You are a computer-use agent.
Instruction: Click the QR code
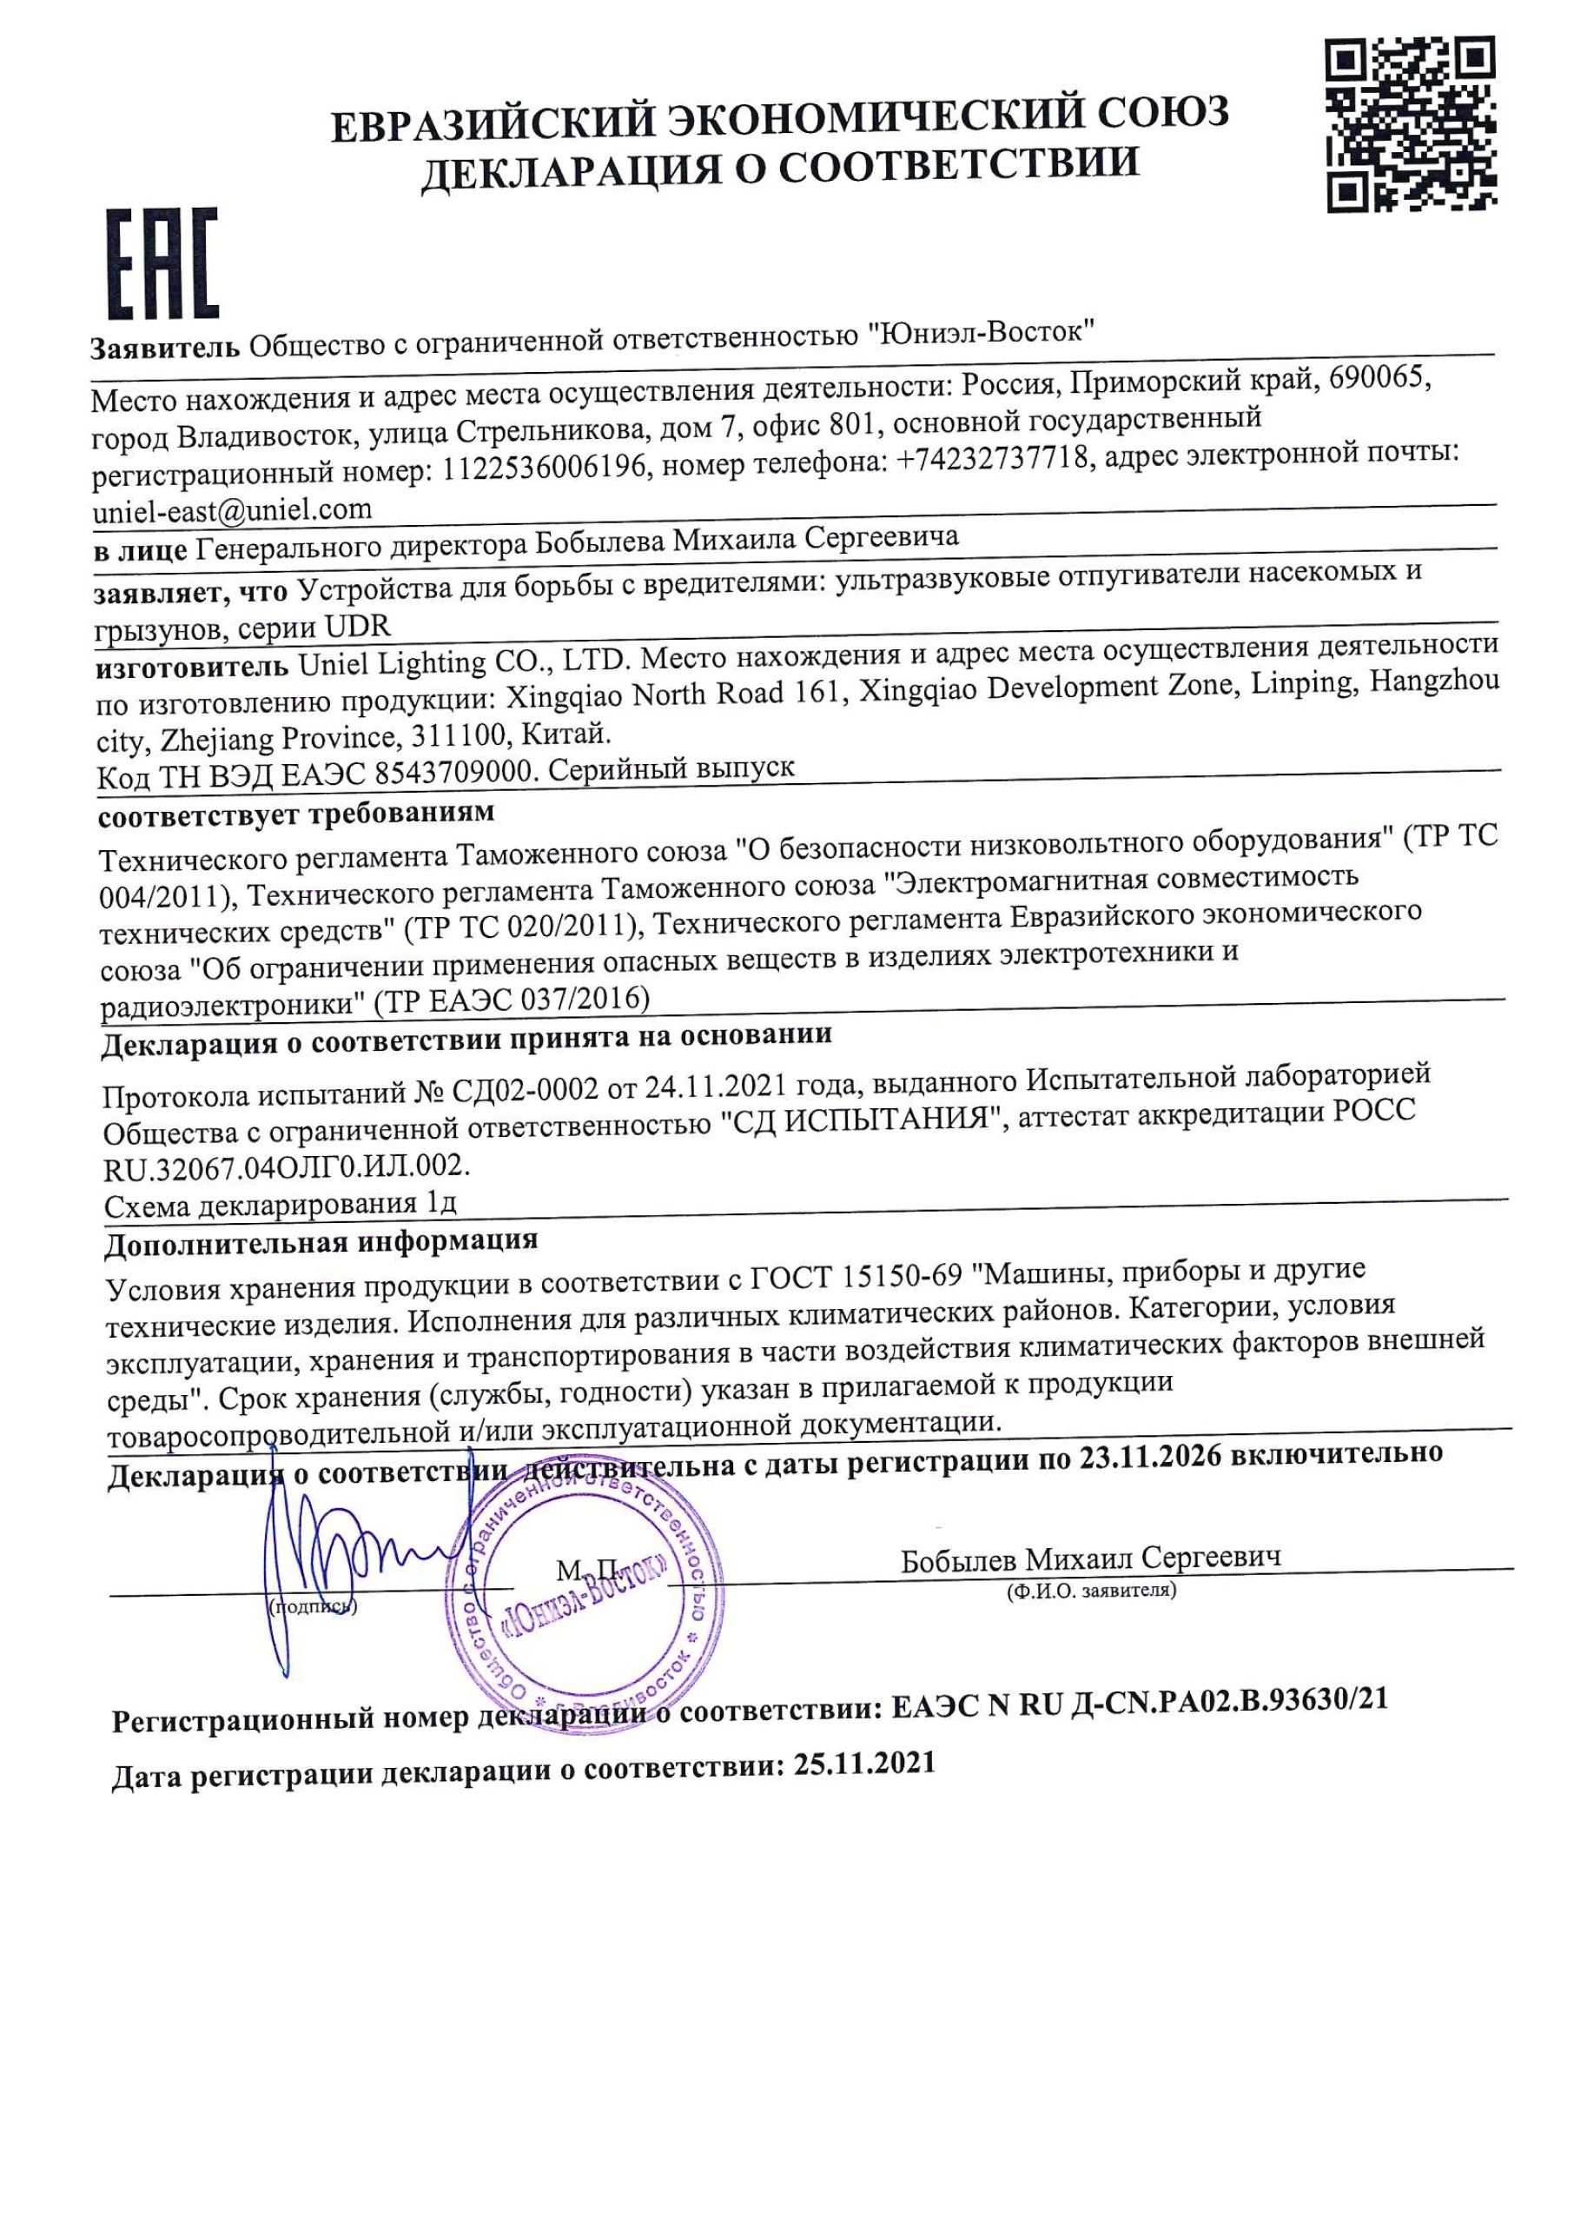click(x=1411, y=123)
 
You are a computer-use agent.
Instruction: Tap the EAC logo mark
click(x=162, y=263)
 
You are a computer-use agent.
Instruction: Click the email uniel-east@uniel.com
click(x=231, y=509)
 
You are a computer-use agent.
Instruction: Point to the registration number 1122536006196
click(x=545, y=469)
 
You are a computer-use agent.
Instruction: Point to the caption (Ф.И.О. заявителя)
click(x=1092, y=1592)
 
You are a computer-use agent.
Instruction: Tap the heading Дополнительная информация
click(x=321, y=1242)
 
